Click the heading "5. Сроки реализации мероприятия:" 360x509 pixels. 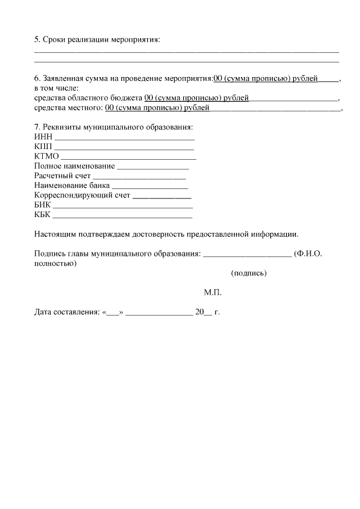pyautogui.click(x=97, y=39)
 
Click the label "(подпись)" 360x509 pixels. pyautogui.click(x=249, y=273)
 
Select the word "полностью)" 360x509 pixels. pyautogui.click(x=56, y=263)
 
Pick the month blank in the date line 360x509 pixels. pyautogui.click(x=159, y=312)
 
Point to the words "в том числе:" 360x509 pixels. pyautogui.click(x=56, y=88)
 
